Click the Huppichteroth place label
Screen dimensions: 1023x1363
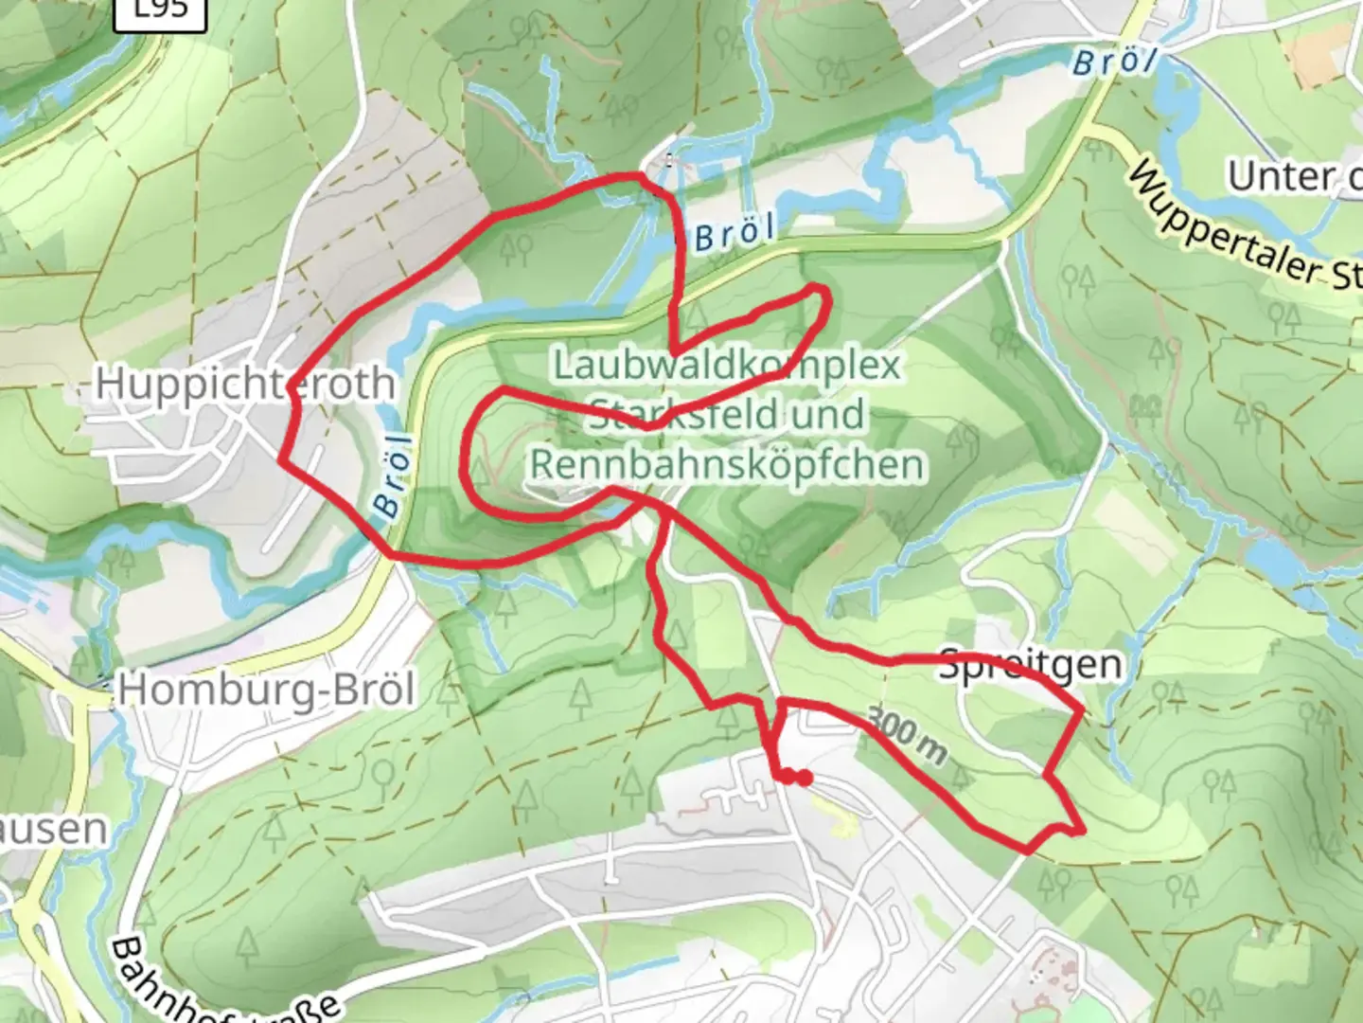245,384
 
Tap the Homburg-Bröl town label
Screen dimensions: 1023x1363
266,689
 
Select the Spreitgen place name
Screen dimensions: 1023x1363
1031,665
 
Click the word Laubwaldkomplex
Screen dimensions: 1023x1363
727,365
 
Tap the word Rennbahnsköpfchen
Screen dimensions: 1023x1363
727,465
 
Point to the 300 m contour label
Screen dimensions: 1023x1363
906,736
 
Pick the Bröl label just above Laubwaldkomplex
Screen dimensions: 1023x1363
735,233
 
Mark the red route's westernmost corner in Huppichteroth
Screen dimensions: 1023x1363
280,460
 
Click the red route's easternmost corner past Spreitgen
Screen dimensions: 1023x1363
1083,709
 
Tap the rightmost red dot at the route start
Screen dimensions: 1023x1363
804,779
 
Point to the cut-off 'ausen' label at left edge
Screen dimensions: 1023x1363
52,829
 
